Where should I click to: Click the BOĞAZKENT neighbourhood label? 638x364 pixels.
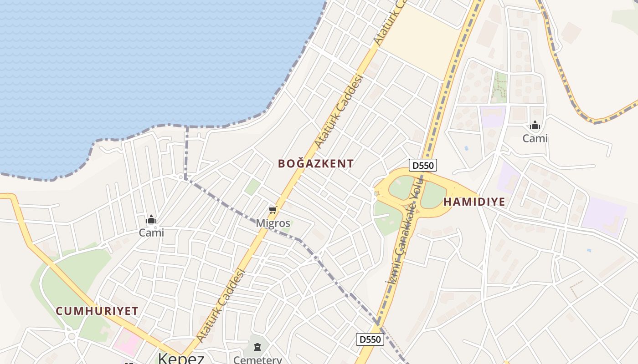pyautogui.click(x=316, y=164)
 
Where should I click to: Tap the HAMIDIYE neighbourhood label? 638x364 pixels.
pyautogui.click(x=474, y=202)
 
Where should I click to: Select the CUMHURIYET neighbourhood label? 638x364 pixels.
pyautogui.click(x=97, y=311)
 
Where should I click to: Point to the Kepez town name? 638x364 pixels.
pyautogui.click(x=181, y=358)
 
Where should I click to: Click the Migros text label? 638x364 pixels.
pyautogui.click(x=273, y=223)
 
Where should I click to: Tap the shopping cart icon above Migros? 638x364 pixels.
pyautogui.click(x=273, y=210)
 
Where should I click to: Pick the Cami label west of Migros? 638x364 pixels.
pyautogui.click(x=151, y=233)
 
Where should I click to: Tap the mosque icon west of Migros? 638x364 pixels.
pyautogui.click(x=151, y=220)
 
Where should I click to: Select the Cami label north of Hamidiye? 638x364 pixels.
pyautogui.click(x=535, y=138)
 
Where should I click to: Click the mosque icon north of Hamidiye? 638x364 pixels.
pyautogui.click(x=535, y=125)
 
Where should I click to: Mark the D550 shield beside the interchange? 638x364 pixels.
pyautogui.click(x=422, y=165)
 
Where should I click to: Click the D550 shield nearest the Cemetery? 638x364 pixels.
pyautogui.click(x=370, y=339)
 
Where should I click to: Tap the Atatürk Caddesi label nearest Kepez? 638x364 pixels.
pyautogui.click(x=222, y=305)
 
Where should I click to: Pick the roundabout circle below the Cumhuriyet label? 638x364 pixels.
pyautogui.click(x=72, y=337)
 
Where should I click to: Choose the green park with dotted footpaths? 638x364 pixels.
pyautogui.click(x=500, y=87)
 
